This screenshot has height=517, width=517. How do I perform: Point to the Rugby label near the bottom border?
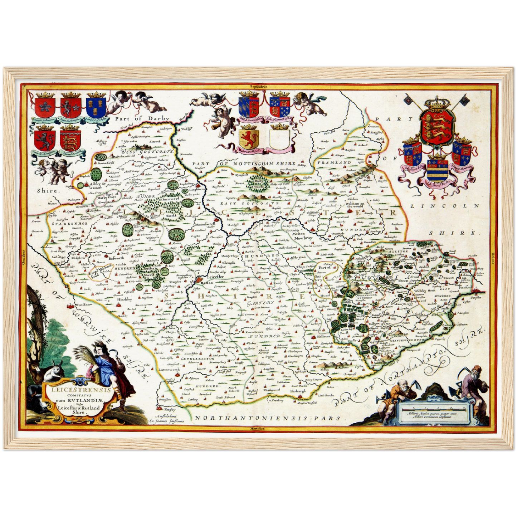click(x=168, y=409)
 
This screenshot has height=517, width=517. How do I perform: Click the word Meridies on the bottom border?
click(x=257, y=428)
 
